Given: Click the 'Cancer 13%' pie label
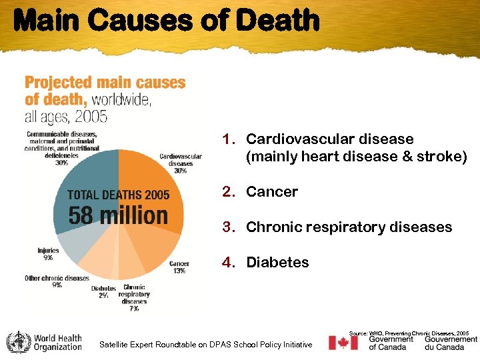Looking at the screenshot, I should (179, 267).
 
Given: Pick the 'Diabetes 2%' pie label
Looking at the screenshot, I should (103, 292).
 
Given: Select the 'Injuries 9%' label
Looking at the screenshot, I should (48, 254).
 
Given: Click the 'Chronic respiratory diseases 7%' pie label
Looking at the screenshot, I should (134, 298).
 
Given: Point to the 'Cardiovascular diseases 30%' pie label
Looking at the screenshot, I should (181, 163).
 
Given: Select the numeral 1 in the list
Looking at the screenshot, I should (228, 139).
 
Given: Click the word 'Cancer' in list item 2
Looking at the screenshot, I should (272, 192).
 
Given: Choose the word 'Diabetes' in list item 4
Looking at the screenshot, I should (277, 263).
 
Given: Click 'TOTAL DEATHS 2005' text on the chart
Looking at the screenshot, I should (119, 195).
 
